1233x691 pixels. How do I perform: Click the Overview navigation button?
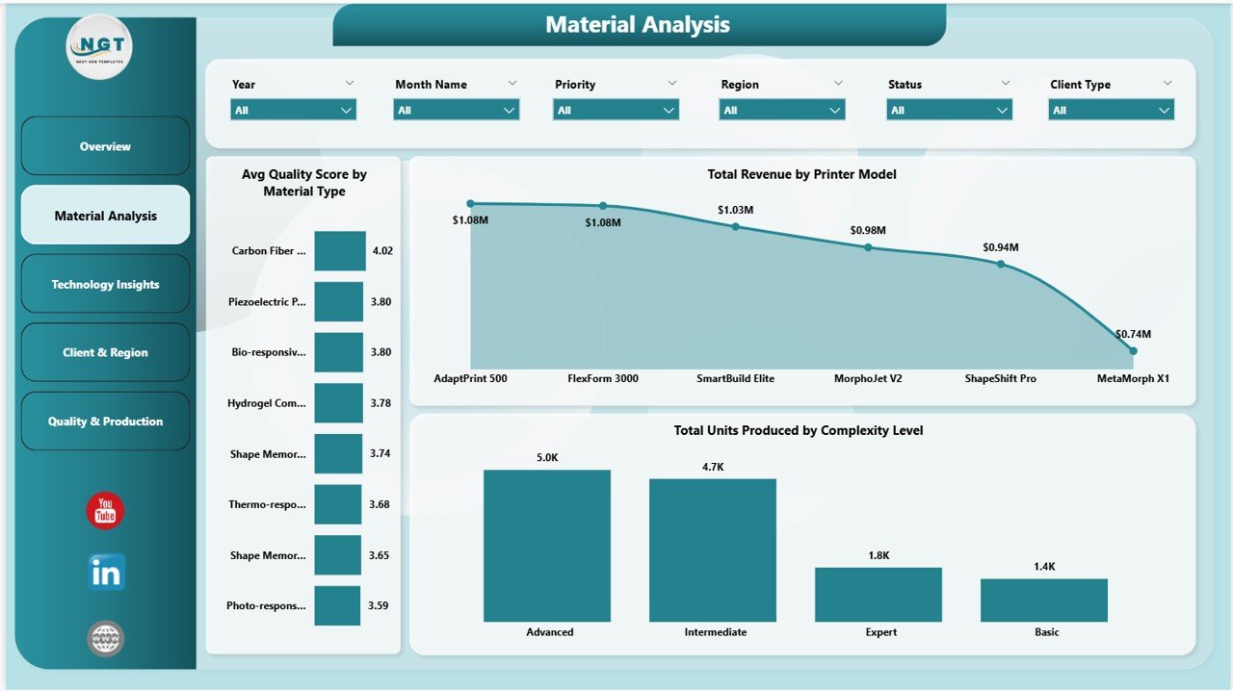[105, 146]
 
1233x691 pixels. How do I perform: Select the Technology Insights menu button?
[105, 284]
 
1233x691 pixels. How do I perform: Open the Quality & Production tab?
[105, 422]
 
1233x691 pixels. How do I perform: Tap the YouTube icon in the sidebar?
[105, 511]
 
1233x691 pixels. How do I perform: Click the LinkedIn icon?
[105, 573]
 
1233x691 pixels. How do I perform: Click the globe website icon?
[105, 637]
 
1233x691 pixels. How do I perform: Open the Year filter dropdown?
[294, 110]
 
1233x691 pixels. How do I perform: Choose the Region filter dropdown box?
[782, 110]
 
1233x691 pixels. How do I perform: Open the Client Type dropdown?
[1111, 110]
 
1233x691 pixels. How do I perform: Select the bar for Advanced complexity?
[546, 546]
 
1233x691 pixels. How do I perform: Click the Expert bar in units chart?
[878, 594]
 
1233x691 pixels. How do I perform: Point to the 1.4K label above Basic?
[1044, 567]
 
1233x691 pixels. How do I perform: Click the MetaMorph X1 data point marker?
[1133, 351]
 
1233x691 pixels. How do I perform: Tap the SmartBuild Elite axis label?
[735, 378]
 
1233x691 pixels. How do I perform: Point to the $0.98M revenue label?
[868, 230]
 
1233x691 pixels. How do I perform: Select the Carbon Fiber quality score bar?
[340, 250]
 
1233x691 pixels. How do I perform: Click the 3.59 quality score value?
[379, 605]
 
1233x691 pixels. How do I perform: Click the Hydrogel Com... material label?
[267, 403]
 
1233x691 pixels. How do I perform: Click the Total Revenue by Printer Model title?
[801, 174]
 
